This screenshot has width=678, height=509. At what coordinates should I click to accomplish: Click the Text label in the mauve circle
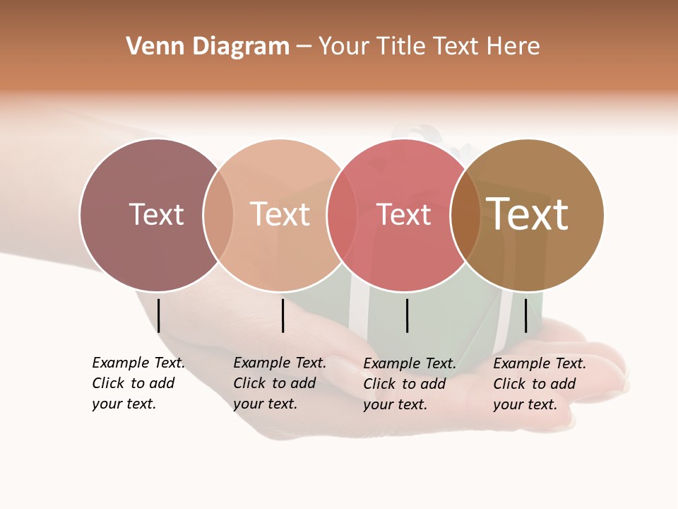click(156, 214)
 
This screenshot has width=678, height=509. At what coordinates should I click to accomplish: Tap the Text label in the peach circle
click(280, 214)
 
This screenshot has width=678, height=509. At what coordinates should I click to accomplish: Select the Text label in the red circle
click(403, 214)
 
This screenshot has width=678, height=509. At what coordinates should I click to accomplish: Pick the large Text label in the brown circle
click(528, 214)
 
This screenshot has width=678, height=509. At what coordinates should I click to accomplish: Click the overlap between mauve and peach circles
click(218, 215)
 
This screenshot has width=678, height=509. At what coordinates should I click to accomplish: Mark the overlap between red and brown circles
click(465, 215)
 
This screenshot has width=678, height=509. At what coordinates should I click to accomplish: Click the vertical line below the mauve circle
click(159, 315)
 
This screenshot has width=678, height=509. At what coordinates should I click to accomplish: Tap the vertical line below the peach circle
click(282, 315)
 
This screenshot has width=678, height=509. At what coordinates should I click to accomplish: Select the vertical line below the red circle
click(407, 315)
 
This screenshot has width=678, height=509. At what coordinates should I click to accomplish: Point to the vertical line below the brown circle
click(525, 315)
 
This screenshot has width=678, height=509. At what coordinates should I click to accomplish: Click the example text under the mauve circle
click(138, 383)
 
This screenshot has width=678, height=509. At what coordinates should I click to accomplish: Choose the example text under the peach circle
click(279, 383)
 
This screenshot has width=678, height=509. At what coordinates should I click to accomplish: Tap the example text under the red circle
click(409, 384)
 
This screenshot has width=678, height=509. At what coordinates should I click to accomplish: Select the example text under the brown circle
click(539, 384)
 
